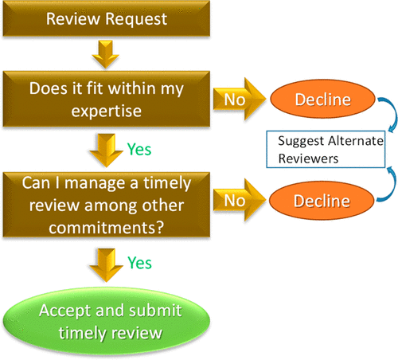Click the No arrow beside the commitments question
[x=239, y=203]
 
